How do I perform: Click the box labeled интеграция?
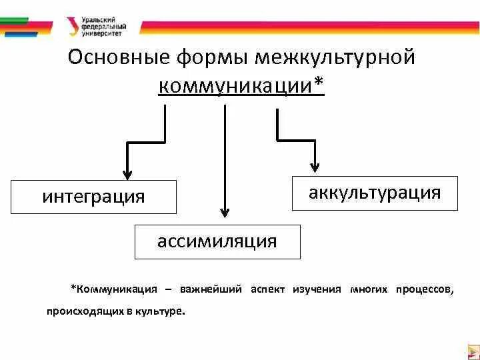(94, 197)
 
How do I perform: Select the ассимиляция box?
(217, 241)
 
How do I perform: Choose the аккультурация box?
(375, 193)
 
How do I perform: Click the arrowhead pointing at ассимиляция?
(225, 212)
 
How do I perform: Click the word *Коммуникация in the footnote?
(114, 290)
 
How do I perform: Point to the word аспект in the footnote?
(268, 290)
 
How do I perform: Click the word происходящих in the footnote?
(79, 311)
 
